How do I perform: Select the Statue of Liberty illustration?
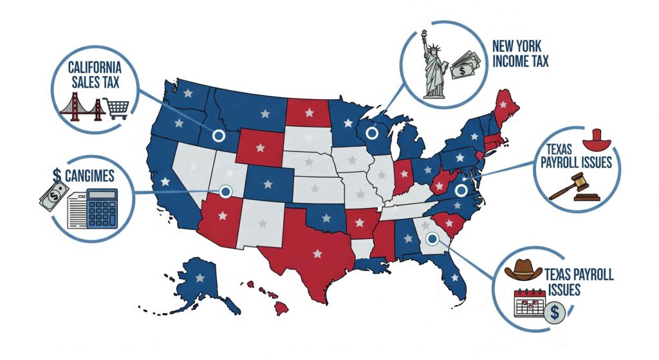pos(432,65)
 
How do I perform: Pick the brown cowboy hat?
pos(523,270)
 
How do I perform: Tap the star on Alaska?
pos(200,278)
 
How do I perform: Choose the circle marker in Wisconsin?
pos(371,133)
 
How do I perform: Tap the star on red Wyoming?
pos(260,147)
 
